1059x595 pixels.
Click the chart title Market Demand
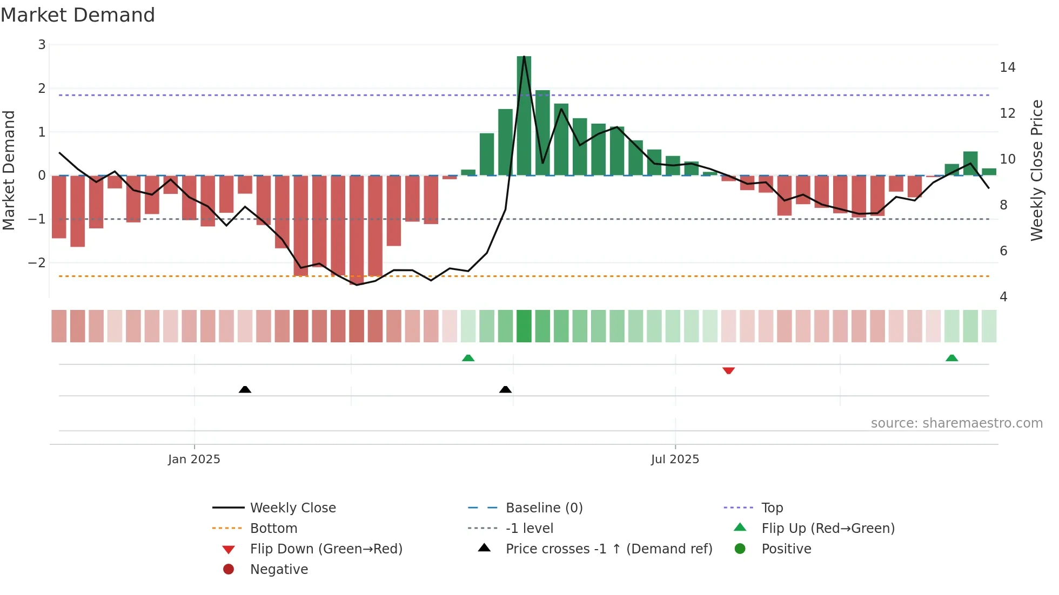(x=78, y=15)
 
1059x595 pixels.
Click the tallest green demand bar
(x=524, y=116)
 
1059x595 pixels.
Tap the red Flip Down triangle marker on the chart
(x=728, y=370)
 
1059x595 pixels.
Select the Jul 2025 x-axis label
(x=675, y=459)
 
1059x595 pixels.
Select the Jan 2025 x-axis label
(x=194, y=459)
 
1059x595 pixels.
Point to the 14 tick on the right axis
(x=1007, y=67)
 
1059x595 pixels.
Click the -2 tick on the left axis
(x=37, y=263)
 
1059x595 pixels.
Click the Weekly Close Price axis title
(x=1036, y=170)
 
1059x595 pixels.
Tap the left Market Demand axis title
(x=9, y=170)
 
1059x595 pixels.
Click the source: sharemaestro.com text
(x=956, y=423)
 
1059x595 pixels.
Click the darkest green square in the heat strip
(x=524, y=326)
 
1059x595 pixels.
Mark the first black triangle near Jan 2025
(x=245, y=389)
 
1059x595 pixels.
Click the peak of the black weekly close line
(x=524, y=57)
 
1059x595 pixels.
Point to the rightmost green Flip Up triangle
(x=951, y=358)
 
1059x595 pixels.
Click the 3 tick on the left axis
(x=42, y=45)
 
